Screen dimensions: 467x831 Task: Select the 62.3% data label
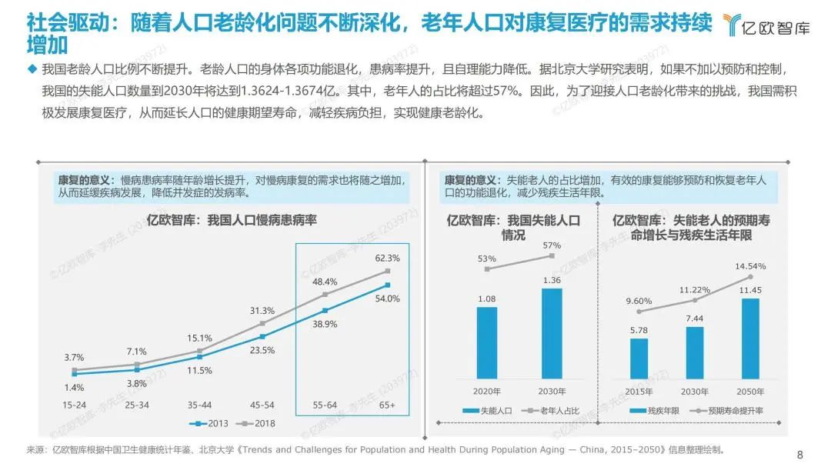click(387, 258)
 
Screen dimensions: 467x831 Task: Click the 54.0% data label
click(387, 299)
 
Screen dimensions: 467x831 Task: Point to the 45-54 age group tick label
click(262, 405)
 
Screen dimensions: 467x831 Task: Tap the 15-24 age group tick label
click(75, 405)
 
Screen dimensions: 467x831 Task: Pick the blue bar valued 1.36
click(552, 333)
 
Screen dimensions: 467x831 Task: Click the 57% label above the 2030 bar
click(552, 245)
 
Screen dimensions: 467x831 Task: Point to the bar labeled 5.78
click(639, 359)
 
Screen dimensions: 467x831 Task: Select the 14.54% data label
click(750, 266)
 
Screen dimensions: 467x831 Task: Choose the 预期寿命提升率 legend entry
click(723, 411)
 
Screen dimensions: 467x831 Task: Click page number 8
click(799, 453)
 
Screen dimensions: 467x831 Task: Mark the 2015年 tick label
click(639, 390)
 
